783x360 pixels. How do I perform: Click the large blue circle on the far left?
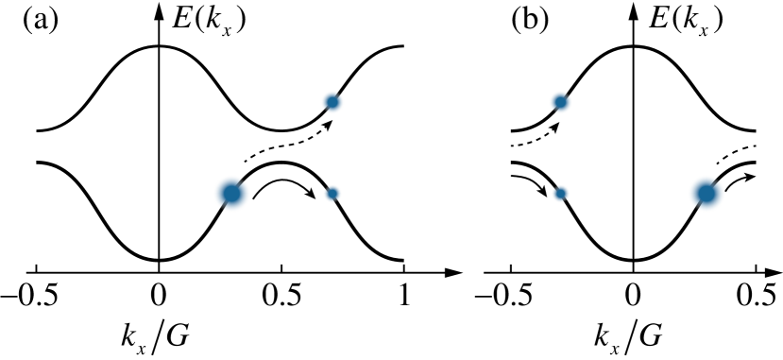(x=231, y=194)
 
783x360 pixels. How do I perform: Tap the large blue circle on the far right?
(x=706, y=194)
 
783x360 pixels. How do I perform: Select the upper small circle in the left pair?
(x=332, y=102)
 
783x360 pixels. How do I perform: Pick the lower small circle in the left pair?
(x=332, y=194)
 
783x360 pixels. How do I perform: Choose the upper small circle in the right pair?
(x=560, y=102)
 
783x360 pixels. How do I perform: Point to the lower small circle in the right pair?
(x=560, y=194)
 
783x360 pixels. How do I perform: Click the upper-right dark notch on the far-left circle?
(x=243, y=182)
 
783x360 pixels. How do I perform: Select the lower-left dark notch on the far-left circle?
(x=220, y=206)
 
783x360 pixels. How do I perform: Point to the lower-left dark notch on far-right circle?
(x=695, y=206)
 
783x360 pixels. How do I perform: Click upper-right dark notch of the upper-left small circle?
(x=339, y=94)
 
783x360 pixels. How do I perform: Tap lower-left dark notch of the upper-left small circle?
(x=324, y=110)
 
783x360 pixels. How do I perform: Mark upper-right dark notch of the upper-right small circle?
(x=568, y=94)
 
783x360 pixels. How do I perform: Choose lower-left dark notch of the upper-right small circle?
(x=553, y=110)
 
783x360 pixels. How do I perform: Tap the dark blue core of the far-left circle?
(x=231, y=194)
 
